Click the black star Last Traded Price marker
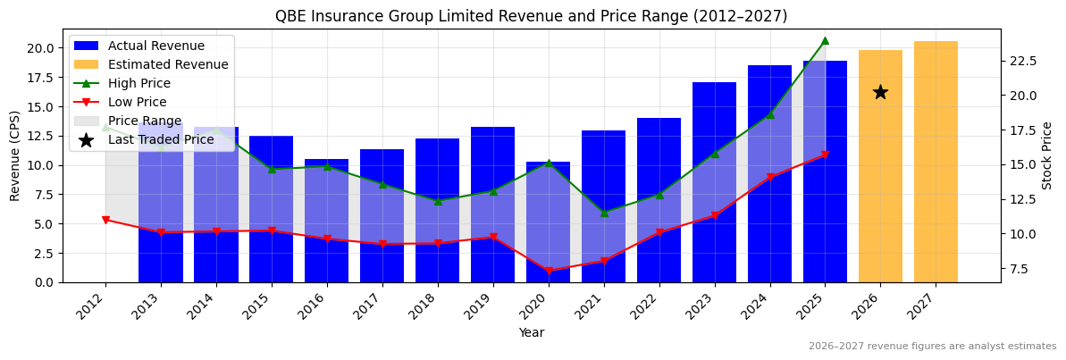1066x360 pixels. [880, 92]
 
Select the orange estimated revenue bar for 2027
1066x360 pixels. [936, 161]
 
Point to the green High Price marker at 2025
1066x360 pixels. [825, 40]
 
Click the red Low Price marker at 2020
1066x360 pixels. [549, 271]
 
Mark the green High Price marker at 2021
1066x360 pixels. [604, 213]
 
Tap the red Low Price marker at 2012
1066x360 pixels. [105, 220]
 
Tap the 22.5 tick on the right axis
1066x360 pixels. [1022, 61]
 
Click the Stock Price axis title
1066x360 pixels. [1047, 155]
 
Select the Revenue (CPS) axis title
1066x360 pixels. [15, 155]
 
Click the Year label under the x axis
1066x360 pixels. [532, 332]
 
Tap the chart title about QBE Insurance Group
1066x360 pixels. [531, 16]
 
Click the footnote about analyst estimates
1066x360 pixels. [932, 347]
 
